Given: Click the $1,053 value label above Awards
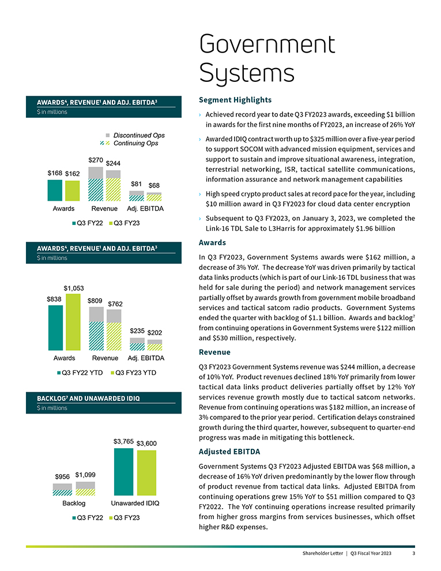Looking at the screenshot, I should pos(73,288).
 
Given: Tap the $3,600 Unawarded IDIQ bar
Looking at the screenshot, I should pos(146,473).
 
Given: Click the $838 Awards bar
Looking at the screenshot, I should pos(55,328).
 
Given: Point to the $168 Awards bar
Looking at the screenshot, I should pos(55,189).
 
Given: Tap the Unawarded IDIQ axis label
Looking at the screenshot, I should pos(135,503).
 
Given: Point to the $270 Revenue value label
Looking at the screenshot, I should pos(96,159).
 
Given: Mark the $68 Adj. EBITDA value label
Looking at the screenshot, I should pos(154,185).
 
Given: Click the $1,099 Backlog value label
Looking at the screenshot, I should pos(85,475).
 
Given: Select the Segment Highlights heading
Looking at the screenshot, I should pos(235,100).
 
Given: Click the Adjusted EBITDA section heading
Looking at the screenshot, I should pos(229,451).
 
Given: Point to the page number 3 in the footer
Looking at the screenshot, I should pos(413,554).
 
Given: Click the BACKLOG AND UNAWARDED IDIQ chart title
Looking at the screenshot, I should pos(88,399).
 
